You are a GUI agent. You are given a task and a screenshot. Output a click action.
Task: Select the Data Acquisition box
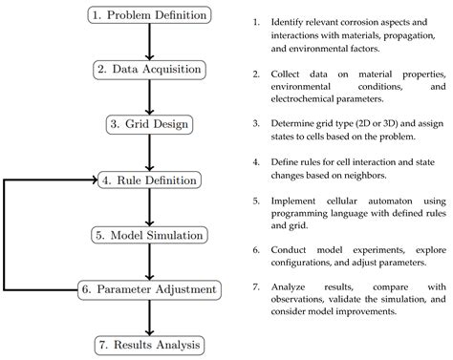tap(147, 69)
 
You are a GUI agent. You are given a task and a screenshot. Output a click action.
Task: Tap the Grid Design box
tap(147, 124)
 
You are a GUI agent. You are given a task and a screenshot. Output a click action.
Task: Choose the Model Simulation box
tap(147, 234)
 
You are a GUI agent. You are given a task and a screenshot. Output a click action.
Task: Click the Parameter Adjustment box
tap(148, 288)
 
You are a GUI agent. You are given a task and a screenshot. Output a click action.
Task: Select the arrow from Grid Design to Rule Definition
tap(147, 151)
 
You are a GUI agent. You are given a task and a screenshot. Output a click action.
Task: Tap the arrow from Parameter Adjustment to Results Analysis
tap(147, 315)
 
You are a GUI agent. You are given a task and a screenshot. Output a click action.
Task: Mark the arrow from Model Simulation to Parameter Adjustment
tap(147, 261)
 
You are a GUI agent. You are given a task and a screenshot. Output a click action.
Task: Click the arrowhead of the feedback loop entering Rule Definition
tap(90, 179)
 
